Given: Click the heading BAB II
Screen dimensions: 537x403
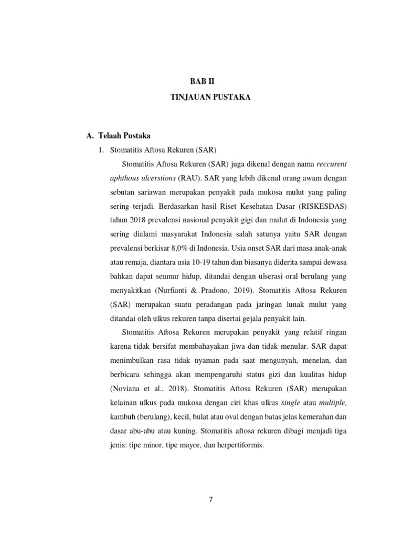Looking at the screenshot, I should pos(202,81).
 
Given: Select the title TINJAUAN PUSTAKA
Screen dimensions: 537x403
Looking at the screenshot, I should pos(202,98).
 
